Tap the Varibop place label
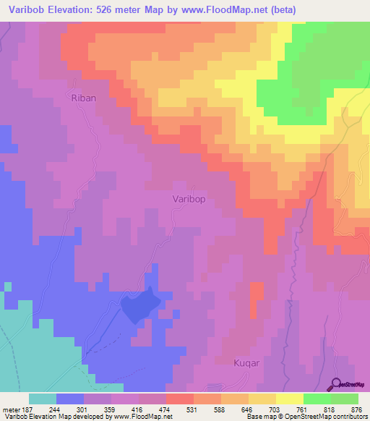tap(192, 198)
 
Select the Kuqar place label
tap(246, 362)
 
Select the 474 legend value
tap(165, 409)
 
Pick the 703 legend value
tap(275, 409)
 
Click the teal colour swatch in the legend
tap(42, 399)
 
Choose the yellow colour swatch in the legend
tap(289, 399)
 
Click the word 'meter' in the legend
tap(10, 409)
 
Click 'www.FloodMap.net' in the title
tap(215, 9)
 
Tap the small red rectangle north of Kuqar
tap(256, 299)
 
